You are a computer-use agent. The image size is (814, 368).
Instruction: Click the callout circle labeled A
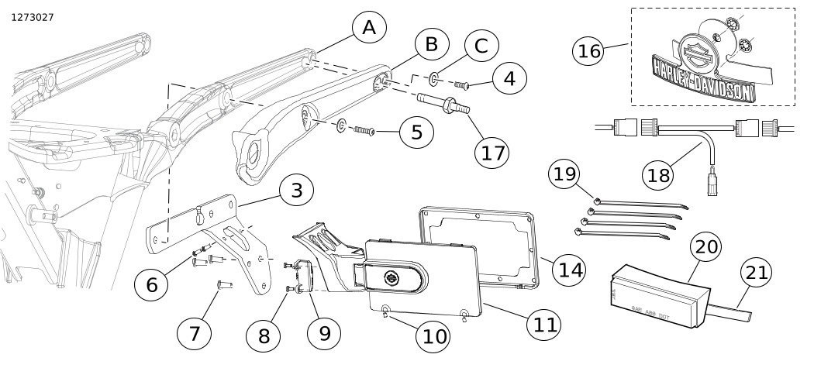369,29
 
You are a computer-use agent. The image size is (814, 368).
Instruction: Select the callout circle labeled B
431,45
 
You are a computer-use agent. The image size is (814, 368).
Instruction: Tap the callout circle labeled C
481,46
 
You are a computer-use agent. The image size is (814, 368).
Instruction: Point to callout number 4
509,77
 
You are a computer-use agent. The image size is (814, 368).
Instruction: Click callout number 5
417,132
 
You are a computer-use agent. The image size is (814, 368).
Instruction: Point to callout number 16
590,51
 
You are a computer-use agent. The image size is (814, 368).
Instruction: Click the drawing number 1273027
33,16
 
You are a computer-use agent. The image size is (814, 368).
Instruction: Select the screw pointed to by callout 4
464,84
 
